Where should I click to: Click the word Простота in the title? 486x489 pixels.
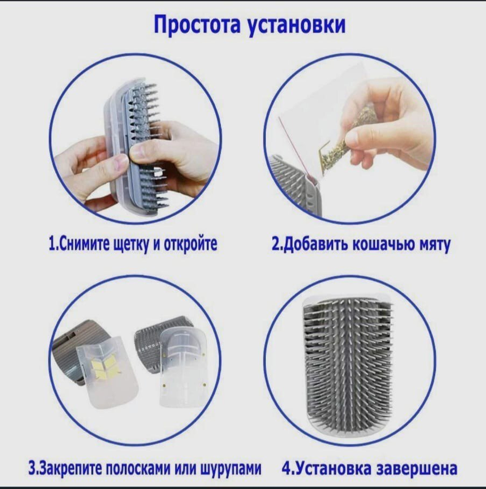[x=197, y=25]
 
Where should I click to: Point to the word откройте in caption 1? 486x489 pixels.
[x=191, y=244]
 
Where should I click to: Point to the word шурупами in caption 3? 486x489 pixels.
[x=230, y=469]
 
